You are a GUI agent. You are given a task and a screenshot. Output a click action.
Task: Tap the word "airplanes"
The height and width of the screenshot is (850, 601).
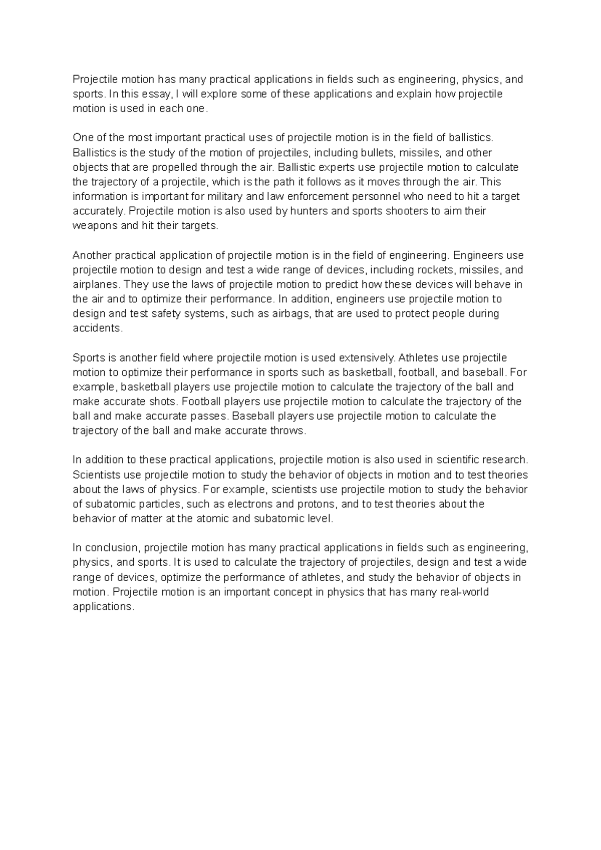point(96,284)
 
